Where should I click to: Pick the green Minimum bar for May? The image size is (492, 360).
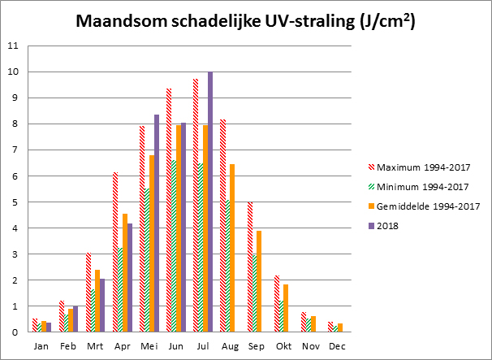click(148, 260)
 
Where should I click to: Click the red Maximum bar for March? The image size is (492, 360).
click(88, 292)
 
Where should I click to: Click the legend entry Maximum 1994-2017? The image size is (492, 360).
click(425, 169)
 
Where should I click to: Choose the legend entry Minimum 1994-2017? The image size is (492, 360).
click(424, 186)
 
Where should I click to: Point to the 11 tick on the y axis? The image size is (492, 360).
click(12, 46)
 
